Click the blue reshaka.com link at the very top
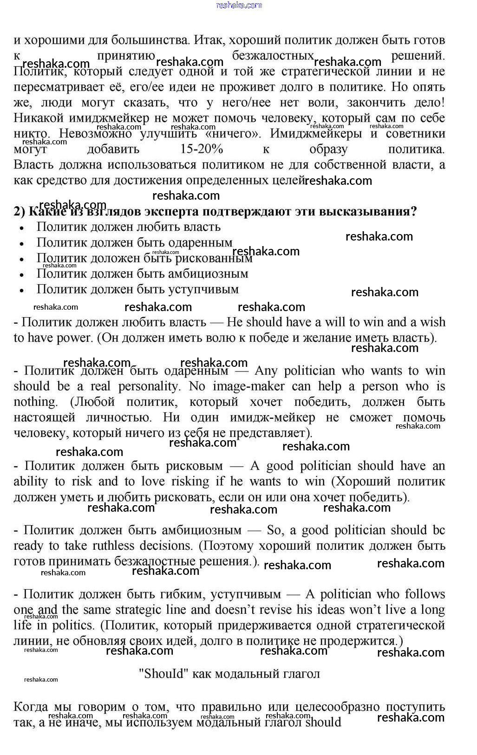[239, 5]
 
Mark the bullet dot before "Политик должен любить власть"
[21, 228]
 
